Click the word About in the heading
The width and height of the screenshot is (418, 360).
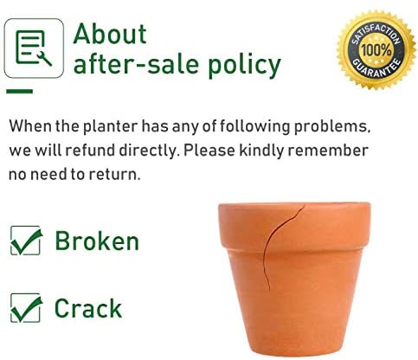110,34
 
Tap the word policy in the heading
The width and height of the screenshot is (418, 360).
244,65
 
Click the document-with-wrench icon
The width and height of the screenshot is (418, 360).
34,48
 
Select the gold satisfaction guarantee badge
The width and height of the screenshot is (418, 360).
376,50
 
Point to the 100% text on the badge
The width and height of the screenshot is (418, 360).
376,50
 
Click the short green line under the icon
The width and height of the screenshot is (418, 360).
20,92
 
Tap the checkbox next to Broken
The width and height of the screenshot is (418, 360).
25,241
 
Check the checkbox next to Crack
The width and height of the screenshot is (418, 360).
25,308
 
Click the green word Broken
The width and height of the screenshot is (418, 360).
97,241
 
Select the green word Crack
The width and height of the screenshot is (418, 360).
88,308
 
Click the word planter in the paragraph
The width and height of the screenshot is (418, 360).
111,127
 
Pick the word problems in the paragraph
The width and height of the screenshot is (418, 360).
332,127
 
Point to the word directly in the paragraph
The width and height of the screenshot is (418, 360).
148,151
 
